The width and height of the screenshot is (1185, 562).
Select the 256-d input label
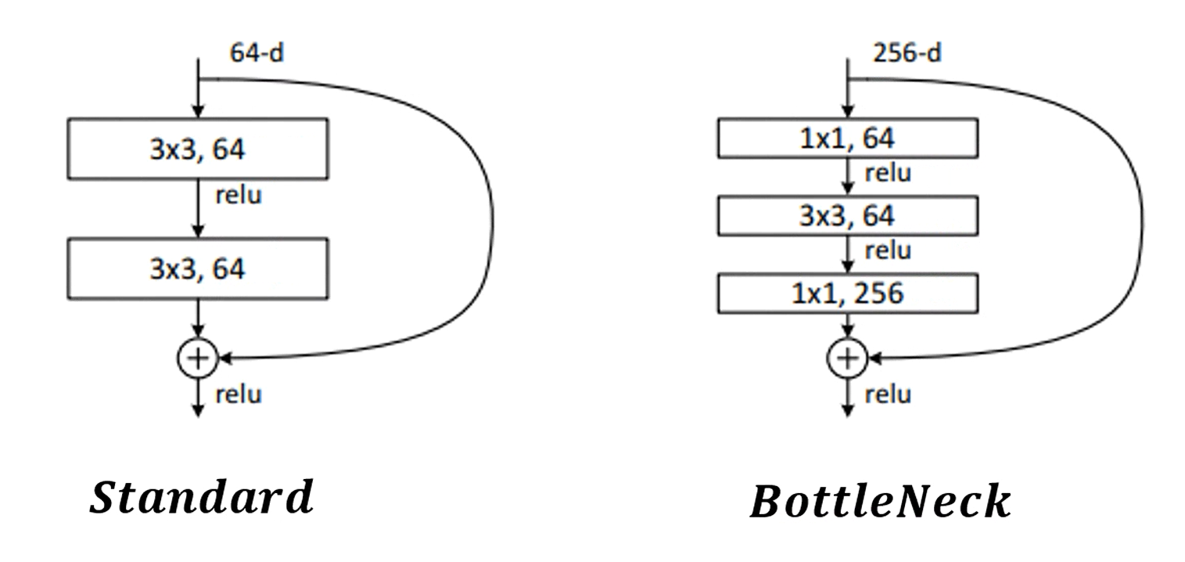907,53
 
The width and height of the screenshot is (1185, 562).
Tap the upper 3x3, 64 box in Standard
197,149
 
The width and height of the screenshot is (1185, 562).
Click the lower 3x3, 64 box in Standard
197,268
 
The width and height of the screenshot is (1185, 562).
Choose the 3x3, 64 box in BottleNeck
848,216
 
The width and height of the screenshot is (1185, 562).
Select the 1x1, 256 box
848,293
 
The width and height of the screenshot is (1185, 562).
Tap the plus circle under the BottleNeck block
847,358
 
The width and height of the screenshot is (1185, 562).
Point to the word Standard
201,498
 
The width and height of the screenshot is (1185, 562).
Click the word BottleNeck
880,502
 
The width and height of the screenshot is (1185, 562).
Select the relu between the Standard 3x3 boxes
239,195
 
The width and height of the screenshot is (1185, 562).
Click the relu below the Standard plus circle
239,394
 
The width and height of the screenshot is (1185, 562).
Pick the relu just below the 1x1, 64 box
888,172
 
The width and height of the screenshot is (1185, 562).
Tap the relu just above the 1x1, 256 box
888,250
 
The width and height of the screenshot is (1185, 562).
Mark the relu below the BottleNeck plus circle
888,394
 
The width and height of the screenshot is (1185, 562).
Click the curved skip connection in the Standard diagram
491,219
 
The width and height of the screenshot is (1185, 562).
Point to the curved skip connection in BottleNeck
1141,219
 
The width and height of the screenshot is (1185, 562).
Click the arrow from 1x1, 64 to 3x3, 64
848,177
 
